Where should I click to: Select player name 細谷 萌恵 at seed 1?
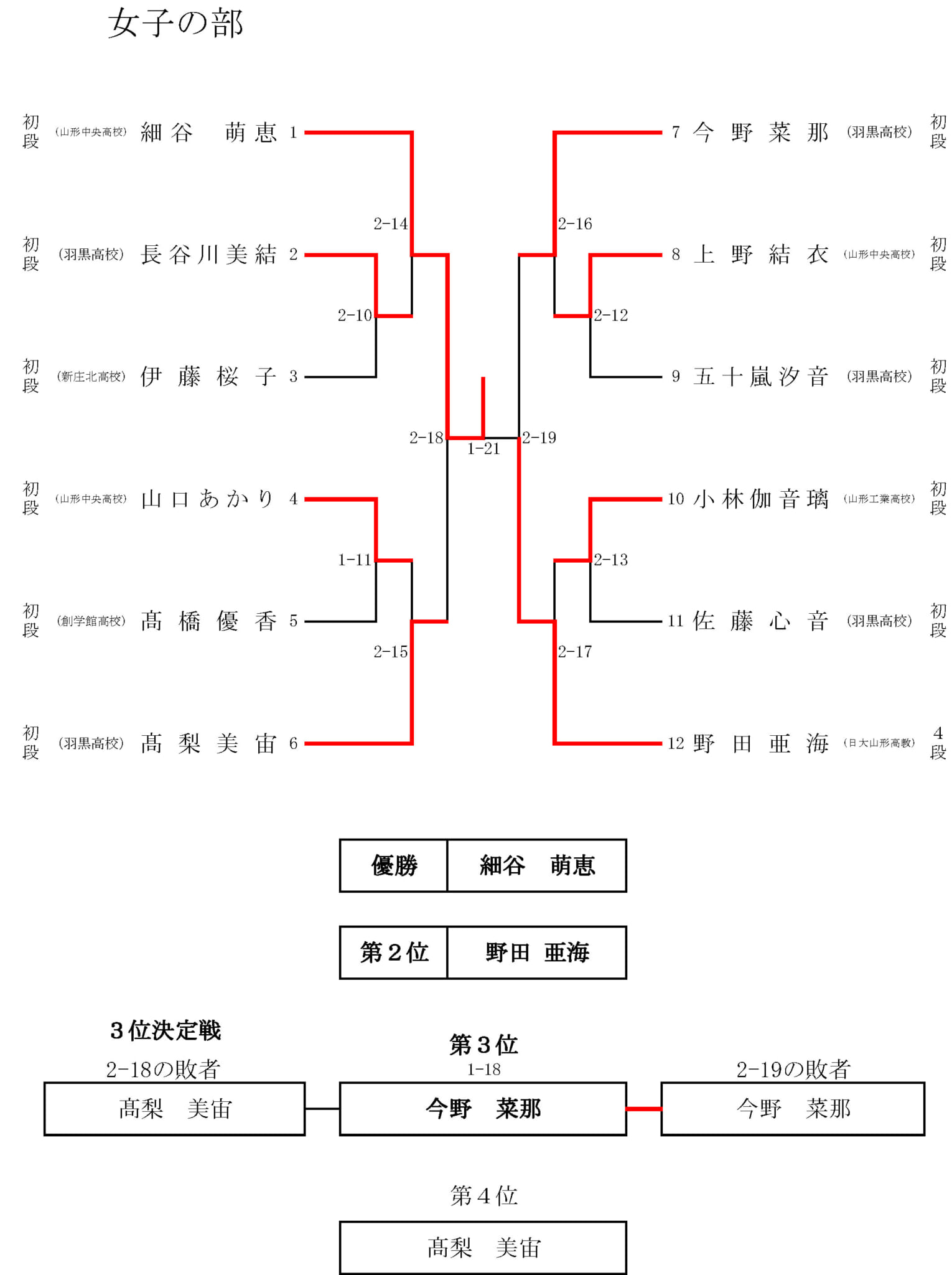[208, 133]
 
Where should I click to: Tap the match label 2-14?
[390, 224]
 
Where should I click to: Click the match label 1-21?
[483, 449]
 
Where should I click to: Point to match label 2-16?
[575, 224]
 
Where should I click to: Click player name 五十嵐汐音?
[760, 377]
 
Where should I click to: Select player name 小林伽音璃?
[760, 499]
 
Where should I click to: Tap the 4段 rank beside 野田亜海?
[938, 743]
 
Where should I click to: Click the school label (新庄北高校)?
[91, 377]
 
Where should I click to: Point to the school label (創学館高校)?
[91, 621]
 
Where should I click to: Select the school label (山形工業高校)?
[879, 499]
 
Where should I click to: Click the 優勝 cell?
[393, 865]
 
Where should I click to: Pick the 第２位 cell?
[393, 953]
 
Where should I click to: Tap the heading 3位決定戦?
[166, 1031]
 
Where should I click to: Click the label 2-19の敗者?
[793, 1070]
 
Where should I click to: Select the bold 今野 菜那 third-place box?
[483, 1109]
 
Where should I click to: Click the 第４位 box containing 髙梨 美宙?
[483, 1248]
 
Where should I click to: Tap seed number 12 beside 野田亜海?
[676, 743]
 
